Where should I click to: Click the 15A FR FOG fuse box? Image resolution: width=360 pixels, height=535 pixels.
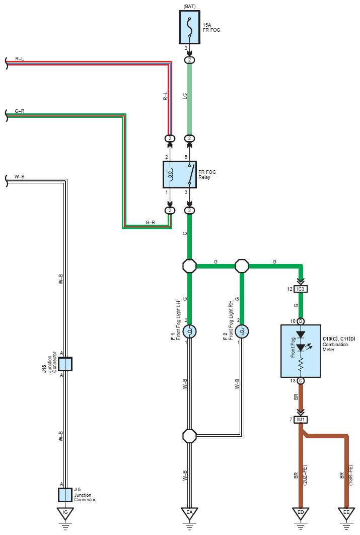[x=189, y=27]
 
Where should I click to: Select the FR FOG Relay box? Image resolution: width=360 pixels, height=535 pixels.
[x=180, y=175]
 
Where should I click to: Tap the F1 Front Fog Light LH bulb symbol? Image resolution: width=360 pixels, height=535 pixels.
[x=189, y=331]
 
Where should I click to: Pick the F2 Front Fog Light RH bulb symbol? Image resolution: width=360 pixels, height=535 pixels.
[x=242, y=331]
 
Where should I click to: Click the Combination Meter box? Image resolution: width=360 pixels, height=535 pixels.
[x=301, y=351]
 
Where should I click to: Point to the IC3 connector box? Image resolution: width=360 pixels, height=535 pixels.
[x=301, y=289]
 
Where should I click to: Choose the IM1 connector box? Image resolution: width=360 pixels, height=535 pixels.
[x=301, y=419]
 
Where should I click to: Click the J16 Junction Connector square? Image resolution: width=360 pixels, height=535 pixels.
[x=65, y=364]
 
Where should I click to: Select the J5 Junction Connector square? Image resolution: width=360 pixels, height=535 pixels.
[x=65, y=495]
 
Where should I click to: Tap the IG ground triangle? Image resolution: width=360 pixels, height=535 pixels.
[x=65, y=513]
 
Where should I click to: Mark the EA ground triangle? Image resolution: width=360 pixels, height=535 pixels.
[x=189, y=513]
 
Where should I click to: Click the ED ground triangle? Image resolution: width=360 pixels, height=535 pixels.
[x=301, y=513]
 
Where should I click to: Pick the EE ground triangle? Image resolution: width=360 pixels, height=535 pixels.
[x=346, y=513]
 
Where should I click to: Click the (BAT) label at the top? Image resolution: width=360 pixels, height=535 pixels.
[x=189, y=7]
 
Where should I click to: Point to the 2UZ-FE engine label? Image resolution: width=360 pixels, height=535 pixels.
[x=305, y=475]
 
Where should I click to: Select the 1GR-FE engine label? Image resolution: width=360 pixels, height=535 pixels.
[x=351, y=475]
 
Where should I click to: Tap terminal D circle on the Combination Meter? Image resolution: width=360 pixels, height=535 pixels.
[x=301, y=321]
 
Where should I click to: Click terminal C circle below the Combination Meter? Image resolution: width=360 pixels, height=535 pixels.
[x=301, y=381]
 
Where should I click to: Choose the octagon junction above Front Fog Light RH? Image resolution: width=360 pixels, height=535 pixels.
[x=242, y=266]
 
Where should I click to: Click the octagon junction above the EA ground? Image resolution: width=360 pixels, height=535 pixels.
[x=189, y=436]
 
